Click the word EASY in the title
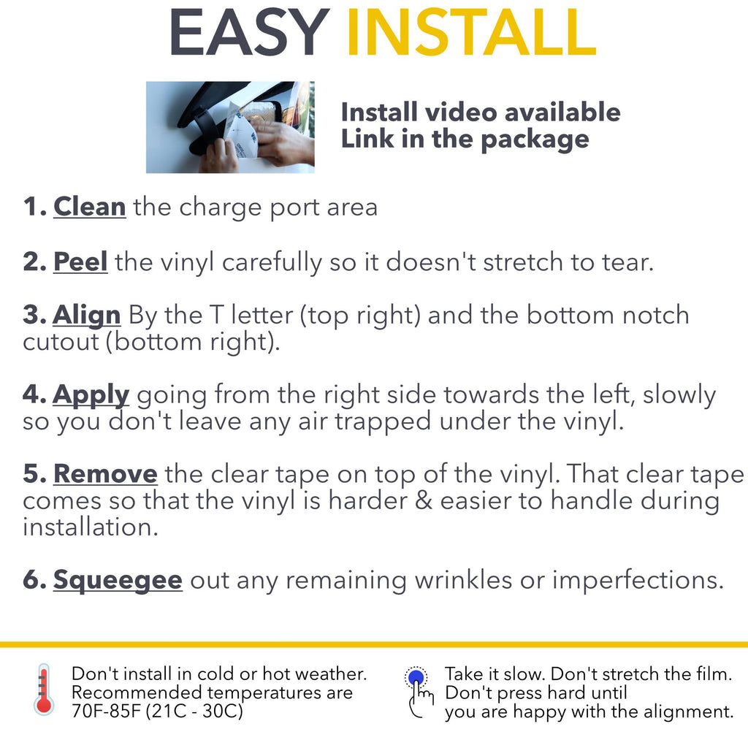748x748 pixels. tap(249, 32)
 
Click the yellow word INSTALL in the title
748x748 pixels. tap(471, 32)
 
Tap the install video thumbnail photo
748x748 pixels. tap(230, 127)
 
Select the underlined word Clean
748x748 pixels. tap(90, 207)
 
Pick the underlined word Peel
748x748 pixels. tap(80, 262)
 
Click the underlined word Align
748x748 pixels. tap(86, 316)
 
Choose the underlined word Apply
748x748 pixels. tap(91, 395)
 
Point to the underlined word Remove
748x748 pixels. tap(105, 473)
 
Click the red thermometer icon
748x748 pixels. tap(44, 690)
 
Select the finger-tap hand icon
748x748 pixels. tap(419, 692)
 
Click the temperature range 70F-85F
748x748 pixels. tap(107, 711)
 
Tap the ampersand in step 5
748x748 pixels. tap(423, 501)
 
